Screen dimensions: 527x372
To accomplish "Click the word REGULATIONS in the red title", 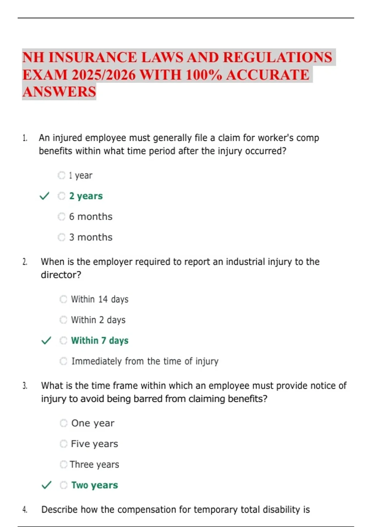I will click(x=277, y=57).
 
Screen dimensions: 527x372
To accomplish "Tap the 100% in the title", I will click(x=204, y=75).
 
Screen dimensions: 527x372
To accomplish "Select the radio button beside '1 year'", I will click(x=61, y=175).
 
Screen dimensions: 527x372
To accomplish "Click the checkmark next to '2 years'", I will click(x=45, y=196).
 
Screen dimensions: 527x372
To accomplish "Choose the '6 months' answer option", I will click(x=91, y=217).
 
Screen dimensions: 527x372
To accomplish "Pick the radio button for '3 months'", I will click(x=61, y=237).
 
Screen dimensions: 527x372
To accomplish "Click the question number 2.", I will click(x=25, y=262).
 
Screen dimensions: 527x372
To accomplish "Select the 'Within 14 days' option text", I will click(x=100, y=299).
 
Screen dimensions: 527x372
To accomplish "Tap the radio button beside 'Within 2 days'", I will click(x=63, y=320).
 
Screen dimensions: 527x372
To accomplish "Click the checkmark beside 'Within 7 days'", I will click(x=46, y=341).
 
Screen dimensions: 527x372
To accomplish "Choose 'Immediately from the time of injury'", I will click(x=145, y=361).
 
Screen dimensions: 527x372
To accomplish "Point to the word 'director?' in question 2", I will click(x=61, y=275).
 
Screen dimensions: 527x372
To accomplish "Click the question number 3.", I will click(x=25, y=386).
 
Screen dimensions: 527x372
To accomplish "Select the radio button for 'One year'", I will click(x=64, y=423).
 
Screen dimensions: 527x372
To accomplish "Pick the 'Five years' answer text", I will click(x=94, y=444).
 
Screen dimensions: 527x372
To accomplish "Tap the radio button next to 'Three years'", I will click(x=64, y=464).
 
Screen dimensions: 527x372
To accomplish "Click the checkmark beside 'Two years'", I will click(x=46, y=485).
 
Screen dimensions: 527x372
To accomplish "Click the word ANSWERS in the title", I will click(x=59, y=92).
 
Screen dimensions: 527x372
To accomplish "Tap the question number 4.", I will click(x=25, y=510).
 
